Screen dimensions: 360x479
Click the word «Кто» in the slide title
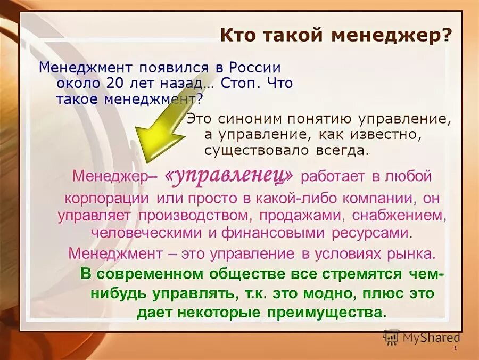click(237, 36)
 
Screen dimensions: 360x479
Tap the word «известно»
click(383, 134)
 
